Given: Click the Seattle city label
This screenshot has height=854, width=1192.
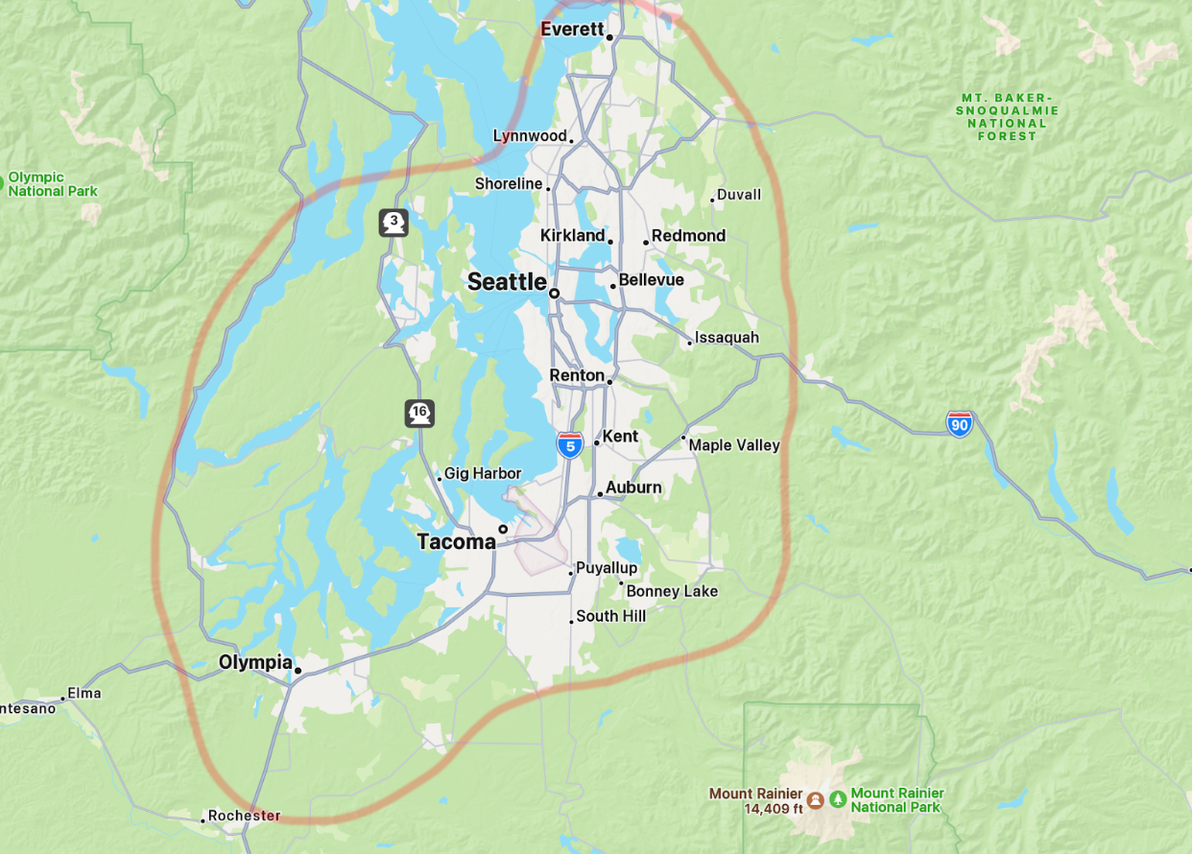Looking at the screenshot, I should [507, 282].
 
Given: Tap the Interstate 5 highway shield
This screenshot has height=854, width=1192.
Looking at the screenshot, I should [570, 444].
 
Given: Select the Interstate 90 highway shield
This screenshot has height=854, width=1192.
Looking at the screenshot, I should [959, 424].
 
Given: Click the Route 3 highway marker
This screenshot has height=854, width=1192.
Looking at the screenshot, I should [393, 223].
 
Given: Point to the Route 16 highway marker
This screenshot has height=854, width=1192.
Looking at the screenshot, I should [419, 414].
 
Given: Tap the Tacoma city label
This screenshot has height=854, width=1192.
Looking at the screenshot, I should [456, 542].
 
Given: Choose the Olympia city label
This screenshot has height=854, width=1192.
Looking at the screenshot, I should [255, 662].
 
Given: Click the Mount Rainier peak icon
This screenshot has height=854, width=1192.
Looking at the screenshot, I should [815, 799].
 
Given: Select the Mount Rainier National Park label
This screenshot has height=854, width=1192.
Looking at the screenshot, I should [897, 800].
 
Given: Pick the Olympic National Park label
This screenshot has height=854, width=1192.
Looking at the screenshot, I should [53, 184].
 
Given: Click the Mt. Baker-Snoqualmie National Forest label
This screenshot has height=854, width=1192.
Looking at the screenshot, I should [1007, 117].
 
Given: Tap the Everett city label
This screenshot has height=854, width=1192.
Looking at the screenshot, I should [572, 30].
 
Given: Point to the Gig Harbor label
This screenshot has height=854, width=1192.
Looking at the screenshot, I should [483, 473].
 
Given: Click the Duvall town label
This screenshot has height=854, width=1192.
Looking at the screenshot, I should [739, 195].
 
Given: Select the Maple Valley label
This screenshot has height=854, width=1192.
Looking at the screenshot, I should [734, 445].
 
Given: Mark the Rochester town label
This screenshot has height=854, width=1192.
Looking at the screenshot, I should [244, 816].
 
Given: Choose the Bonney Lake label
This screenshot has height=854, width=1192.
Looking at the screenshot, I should [672, 592].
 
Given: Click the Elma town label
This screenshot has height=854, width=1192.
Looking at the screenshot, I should [83, 693].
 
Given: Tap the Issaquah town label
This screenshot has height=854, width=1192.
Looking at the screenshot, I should [727, 338].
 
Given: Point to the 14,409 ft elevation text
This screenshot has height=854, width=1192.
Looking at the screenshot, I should [773, 809].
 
